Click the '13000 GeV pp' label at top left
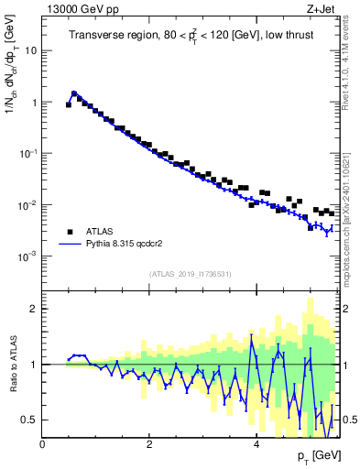pos(76,9)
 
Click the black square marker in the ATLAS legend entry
pos(70,232)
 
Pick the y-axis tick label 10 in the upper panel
pos(32,51)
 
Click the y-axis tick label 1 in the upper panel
pos(35,103)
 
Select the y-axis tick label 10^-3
pos(30,256)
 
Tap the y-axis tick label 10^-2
pos(30,205)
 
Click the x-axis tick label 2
pos(149,444)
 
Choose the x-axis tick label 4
pos(256,444)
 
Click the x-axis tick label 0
pos(42,444)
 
